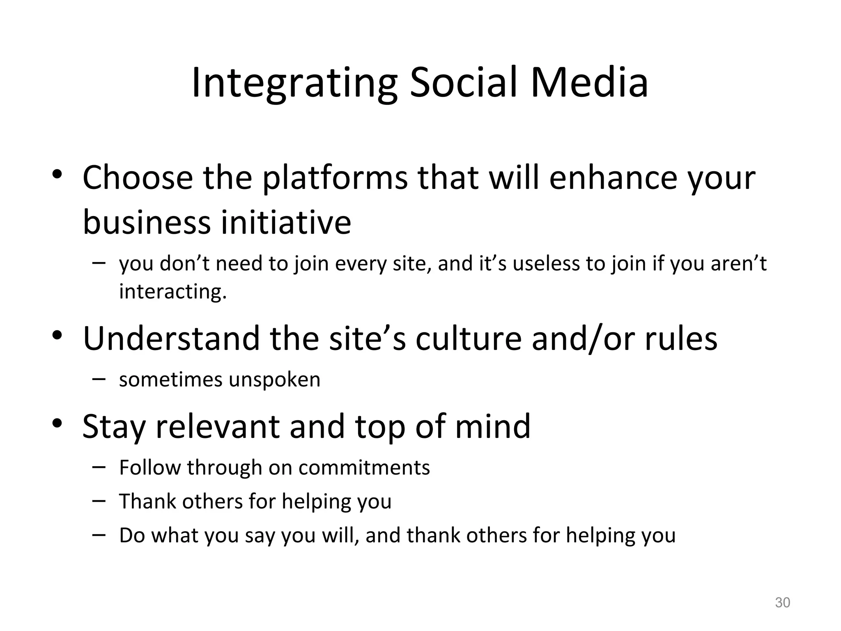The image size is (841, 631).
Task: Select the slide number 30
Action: pos(782,603)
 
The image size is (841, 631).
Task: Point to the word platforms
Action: pos(335,178)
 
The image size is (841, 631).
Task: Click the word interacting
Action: pos(172,292)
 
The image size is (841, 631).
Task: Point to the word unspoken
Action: pos(274,380)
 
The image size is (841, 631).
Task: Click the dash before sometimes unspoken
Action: pos(99,379)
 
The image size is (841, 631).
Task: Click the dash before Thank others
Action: pos(99,501)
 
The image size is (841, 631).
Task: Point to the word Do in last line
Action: pos(132,535)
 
